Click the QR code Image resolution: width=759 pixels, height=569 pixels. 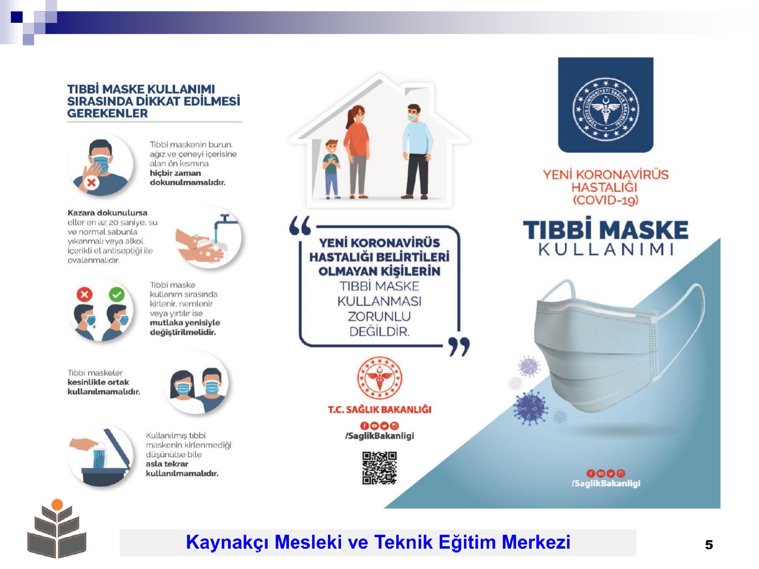coord(379,467)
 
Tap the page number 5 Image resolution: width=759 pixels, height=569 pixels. coord(708,545)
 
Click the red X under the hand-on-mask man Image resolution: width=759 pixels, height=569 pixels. coord(91,183)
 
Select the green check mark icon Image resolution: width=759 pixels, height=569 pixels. coord(117,294)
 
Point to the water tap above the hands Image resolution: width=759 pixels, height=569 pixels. coord(225,225)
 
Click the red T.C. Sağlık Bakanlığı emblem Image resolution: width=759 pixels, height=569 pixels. coord(379,378)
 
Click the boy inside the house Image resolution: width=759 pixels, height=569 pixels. coord(331,169)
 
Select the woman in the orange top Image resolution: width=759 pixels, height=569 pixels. coord(357,152)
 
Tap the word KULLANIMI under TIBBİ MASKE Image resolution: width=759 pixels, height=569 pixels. coord(606,249)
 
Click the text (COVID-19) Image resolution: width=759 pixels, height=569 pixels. coord(605,200)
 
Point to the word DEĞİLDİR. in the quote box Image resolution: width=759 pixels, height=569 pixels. coord(379,332)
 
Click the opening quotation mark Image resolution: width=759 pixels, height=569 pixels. coord(300,225)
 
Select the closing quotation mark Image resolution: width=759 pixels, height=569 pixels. coord(459,346)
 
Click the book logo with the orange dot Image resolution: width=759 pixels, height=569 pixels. coord(57,528)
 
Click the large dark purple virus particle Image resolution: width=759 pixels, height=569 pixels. coord(530,408)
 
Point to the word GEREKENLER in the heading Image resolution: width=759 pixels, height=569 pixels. coord(107,113)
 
